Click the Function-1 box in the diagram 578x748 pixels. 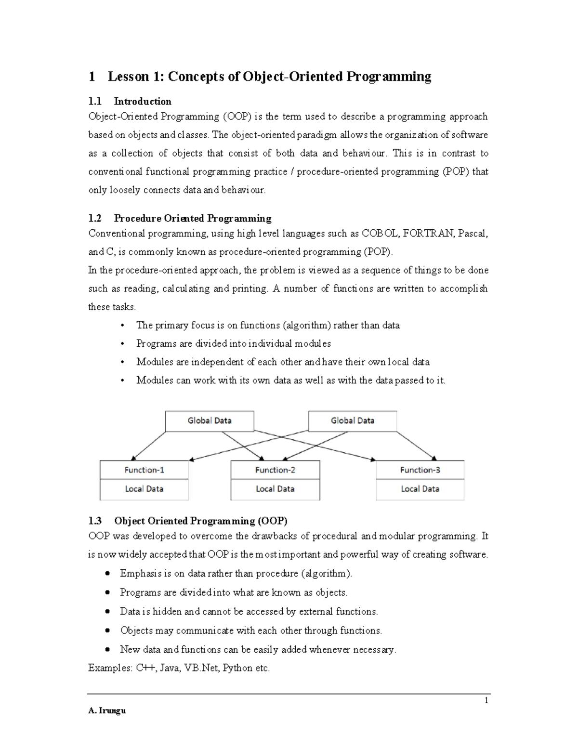(144, 470)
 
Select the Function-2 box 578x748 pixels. (275, 470)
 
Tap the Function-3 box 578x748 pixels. (420, 470)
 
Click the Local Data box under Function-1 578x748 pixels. (144, 489)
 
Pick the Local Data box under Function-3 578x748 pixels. (420, 489)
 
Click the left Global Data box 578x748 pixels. (210, 420)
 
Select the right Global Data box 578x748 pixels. (352, 420)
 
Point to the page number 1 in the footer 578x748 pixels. (486, 700)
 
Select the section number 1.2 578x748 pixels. (95, 219)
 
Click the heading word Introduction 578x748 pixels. (143, 102)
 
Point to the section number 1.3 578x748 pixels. (95, 521)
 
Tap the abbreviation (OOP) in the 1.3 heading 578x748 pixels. (272, 521)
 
